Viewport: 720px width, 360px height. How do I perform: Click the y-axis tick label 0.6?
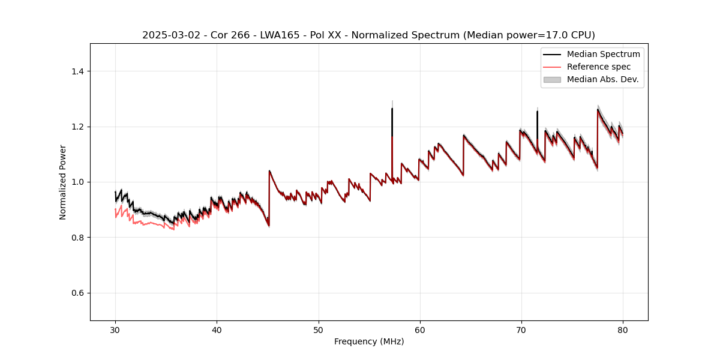(77, 293)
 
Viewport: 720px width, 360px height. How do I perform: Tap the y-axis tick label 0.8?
(77, 238)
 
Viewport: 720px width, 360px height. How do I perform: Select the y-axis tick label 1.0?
(77, 182)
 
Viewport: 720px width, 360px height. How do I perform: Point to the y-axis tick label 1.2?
(77, 127)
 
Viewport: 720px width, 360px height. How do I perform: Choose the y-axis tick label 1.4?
(77, 71)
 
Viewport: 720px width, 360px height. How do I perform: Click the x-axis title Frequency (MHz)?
(369, 341)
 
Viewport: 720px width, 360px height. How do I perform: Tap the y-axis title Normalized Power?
(63, 182)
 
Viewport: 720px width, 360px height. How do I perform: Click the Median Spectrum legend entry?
(603, 54)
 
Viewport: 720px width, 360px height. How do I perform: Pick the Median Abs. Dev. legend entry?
(602, 79)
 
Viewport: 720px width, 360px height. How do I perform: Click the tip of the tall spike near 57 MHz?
(392, 109)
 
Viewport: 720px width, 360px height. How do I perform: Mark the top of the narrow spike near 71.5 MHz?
(537, 112)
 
